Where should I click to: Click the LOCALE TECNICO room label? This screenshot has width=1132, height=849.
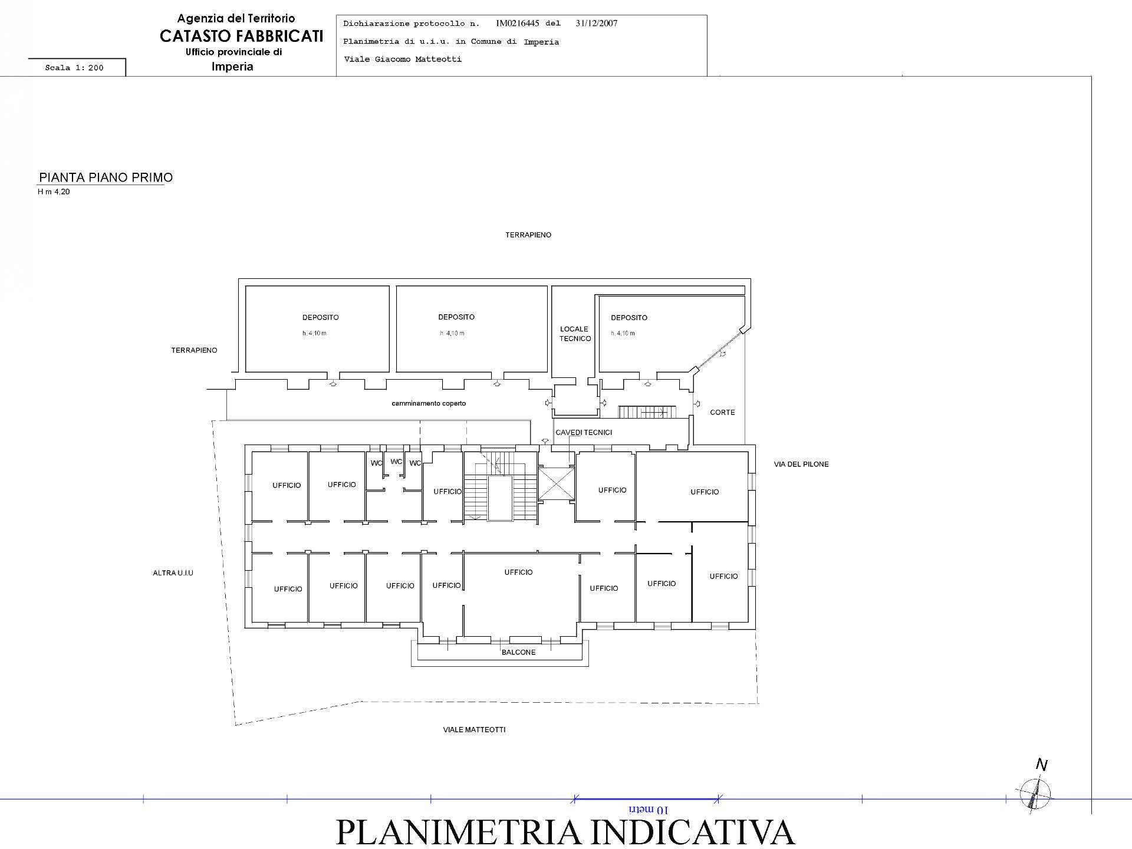pos(575,334)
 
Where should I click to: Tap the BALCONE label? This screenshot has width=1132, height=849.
pos(518,652)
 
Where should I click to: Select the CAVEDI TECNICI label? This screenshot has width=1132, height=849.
pos(584,432)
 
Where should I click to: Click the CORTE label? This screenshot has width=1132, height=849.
pos(722,412)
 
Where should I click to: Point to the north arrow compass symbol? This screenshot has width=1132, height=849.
pos(1036,792)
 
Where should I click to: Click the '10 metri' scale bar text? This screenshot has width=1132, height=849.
pos(648,809)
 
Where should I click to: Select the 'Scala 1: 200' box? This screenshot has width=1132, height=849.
pos(75,68)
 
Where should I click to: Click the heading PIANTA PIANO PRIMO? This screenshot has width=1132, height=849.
pos(106,177)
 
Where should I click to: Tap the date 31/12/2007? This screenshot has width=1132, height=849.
pos(596,24)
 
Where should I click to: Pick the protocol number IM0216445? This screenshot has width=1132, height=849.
pos(517,24)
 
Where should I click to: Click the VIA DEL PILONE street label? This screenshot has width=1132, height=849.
pos(801,464)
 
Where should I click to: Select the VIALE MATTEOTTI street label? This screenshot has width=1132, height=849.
pos(474,729)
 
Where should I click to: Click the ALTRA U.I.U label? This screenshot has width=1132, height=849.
pos(173,572)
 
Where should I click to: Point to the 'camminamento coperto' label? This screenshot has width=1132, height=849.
pos(429,403)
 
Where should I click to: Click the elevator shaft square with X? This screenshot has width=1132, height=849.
pos(556,483)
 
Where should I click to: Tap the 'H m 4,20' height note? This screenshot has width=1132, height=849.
pos(54,192)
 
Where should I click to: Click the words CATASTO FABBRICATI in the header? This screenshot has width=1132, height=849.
pos(241,36)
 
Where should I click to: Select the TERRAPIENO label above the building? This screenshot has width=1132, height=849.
pos(528,235)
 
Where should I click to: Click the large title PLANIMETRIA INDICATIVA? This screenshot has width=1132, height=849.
pos(565,832)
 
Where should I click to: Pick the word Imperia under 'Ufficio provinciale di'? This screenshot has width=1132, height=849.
pos(232,67)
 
